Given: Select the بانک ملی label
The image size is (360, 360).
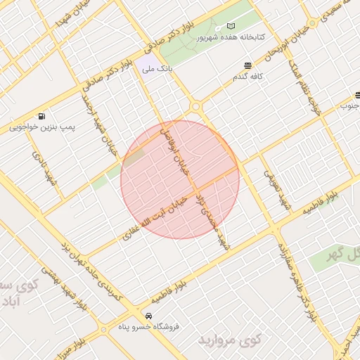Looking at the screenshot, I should [156, 69].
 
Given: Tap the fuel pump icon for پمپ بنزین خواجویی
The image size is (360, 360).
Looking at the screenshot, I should [44, 116].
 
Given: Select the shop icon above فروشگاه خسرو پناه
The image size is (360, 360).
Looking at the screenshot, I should [148, 316].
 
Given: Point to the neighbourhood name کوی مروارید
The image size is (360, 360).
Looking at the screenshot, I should [230, 341].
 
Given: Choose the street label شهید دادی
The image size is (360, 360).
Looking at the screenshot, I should [37, 162].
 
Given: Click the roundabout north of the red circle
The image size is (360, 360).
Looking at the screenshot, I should [196, 106].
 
